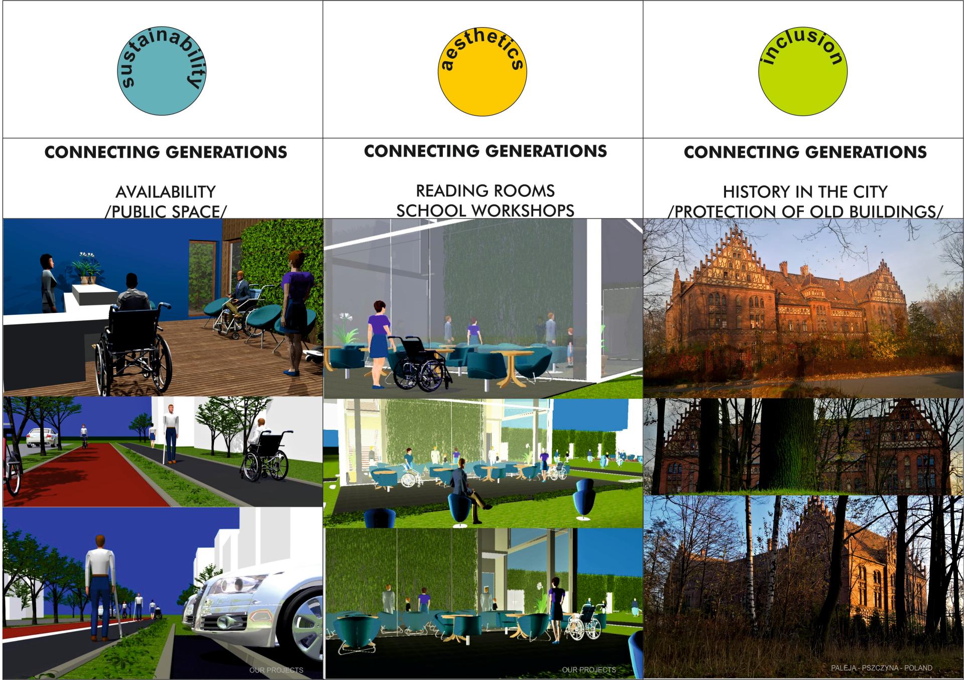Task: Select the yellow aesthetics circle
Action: click(x=483, y=71)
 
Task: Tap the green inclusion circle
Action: click(x=803, y=71)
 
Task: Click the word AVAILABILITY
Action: click(x=166, y=192)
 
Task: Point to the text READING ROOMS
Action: click(x=486, y=191)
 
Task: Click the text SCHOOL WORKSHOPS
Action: click(x=486, y=211)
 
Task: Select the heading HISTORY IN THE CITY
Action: click(x=805, y=192)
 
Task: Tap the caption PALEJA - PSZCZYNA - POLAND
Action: click(x=882, y=668)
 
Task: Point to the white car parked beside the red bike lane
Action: click(x=42, y=438)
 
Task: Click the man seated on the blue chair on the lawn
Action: click(x=464, y=485)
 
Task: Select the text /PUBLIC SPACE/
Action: click(x=166, y=211)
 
